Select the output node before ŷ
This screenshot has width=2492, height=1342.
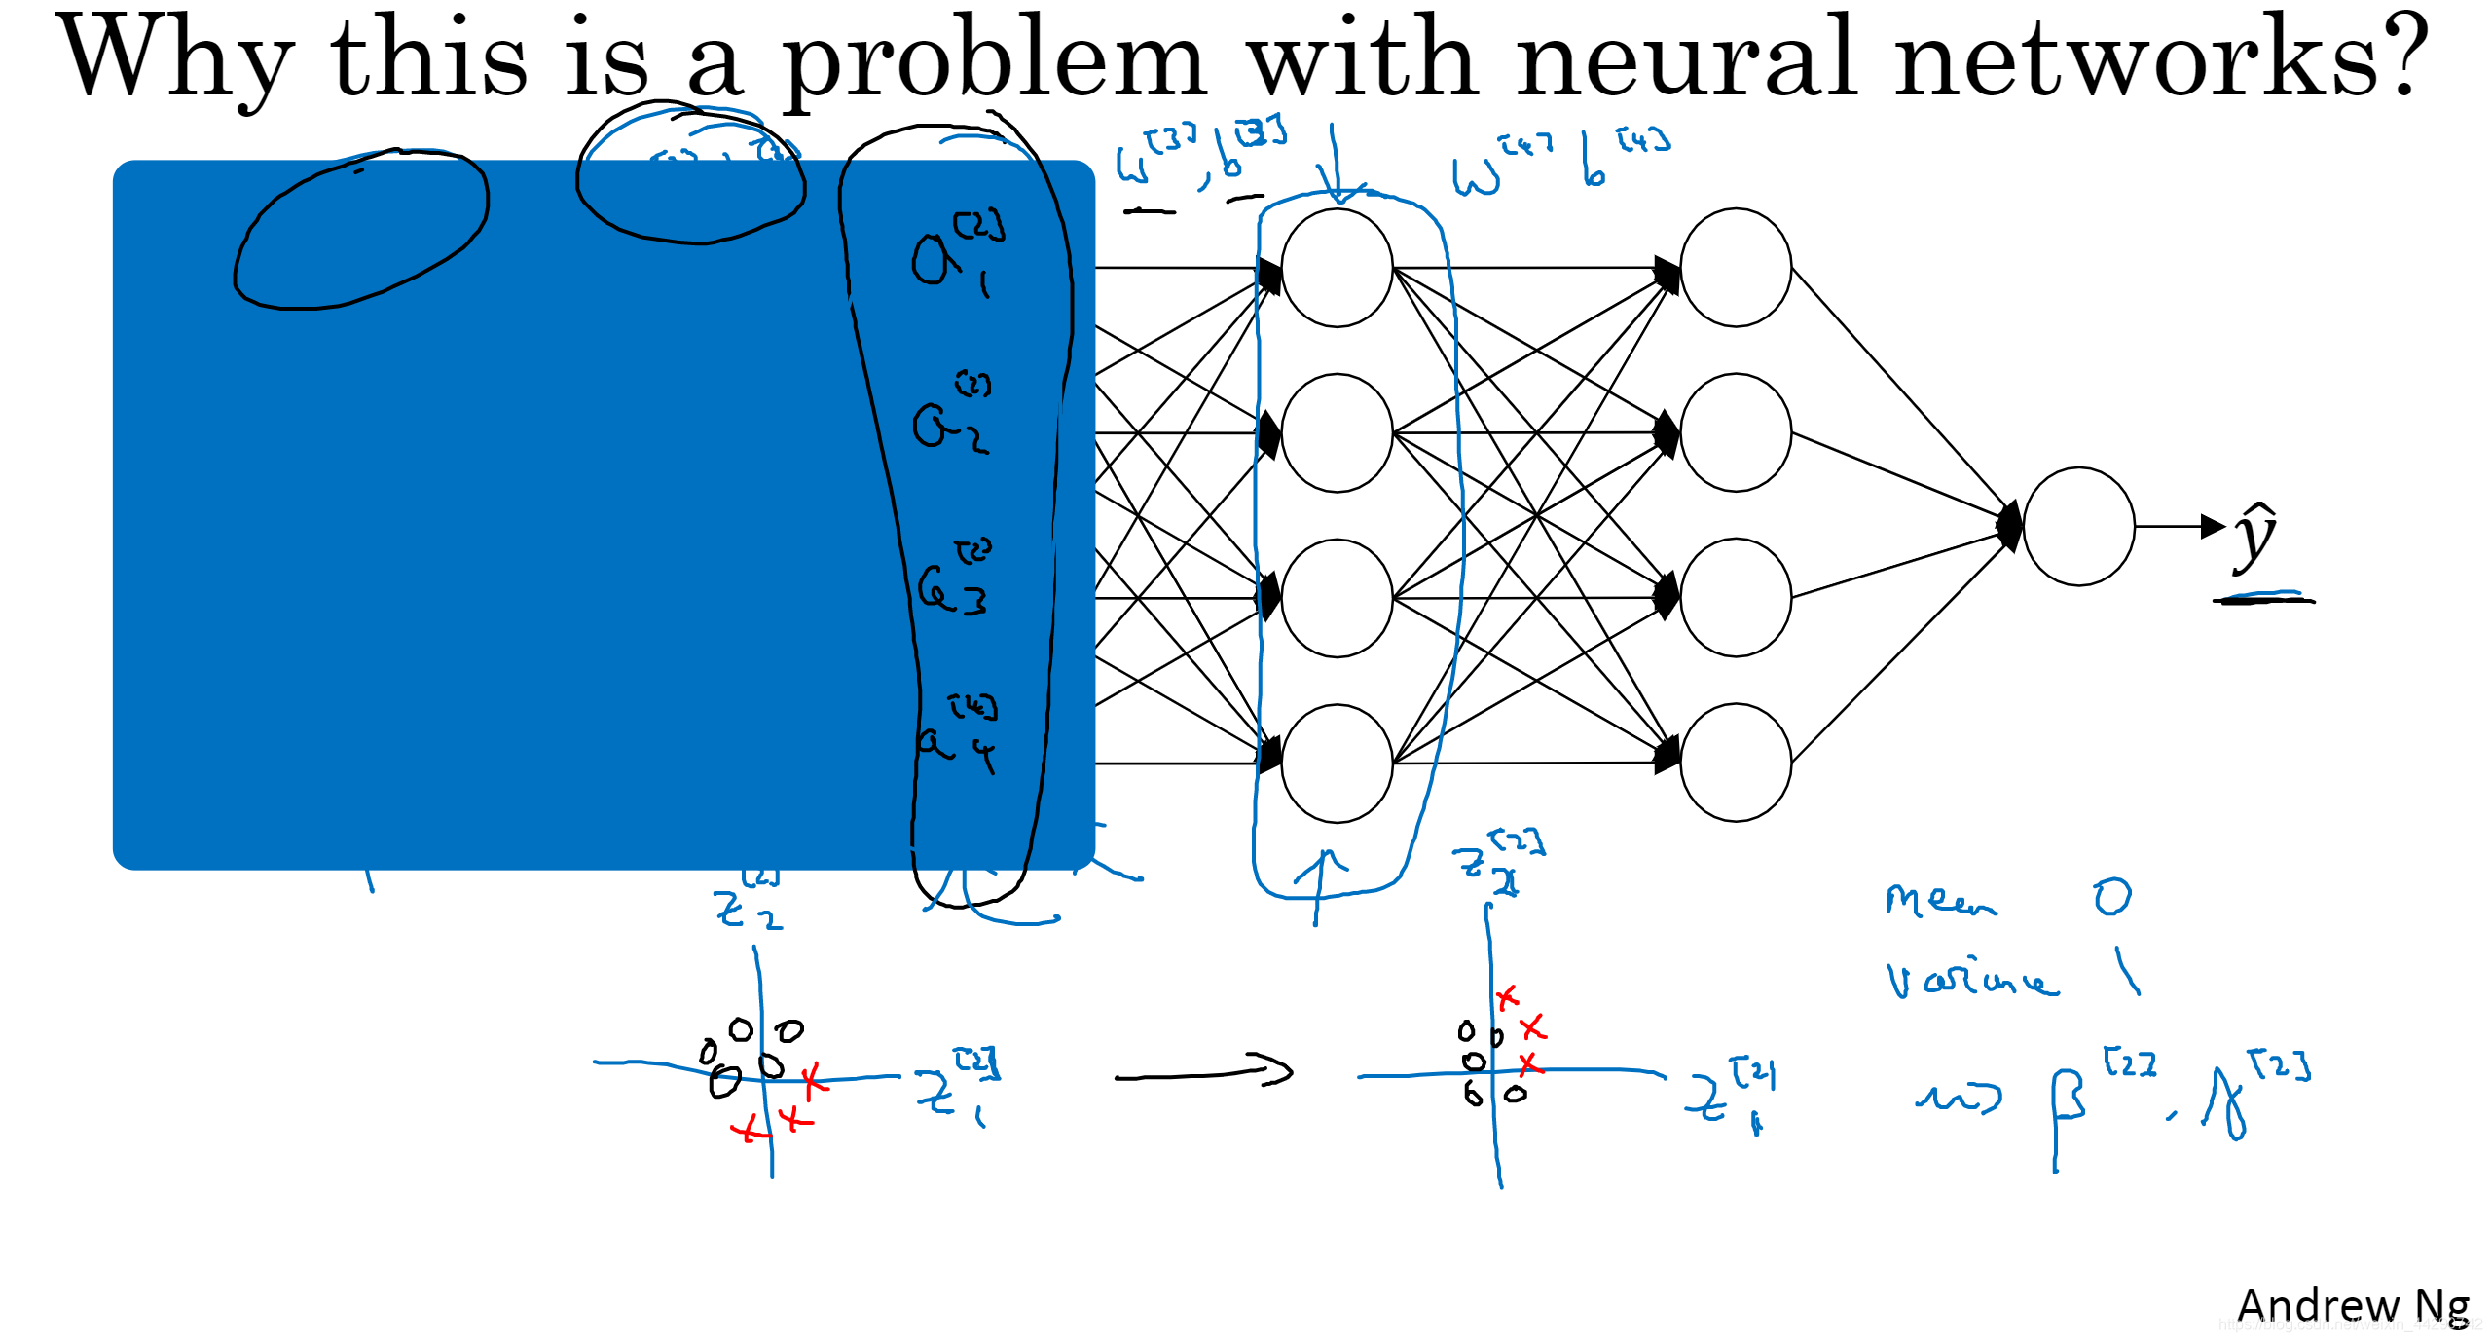(x=2078, y=526)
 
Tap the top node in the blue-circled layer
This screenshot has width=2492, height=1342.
(x=1337, y=268)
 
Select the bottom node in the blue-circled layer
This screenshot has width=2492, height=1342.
(x=1337, y=763)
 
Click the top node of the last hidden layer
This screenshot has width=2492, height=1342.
(x=1736, y=268)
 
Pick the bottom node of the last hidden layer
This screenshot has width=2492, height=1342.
(x=1736, y=763)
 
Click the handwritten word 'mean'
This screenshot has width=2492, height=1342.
(x=1939, y=900)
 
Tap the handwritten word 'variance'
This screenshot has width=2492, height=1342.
(x=1970, y=979)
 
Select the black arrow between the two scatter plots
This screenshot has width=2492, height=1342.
(x=1203, y=1073)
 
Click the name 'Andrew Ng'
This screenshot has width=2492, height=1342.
(x=2353, y=1305)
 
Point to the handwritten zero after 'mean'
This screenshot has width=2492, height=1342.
(x=2112, y=896)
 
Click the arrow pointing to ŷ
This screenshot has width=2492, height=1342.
(x=2180, y=527)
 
